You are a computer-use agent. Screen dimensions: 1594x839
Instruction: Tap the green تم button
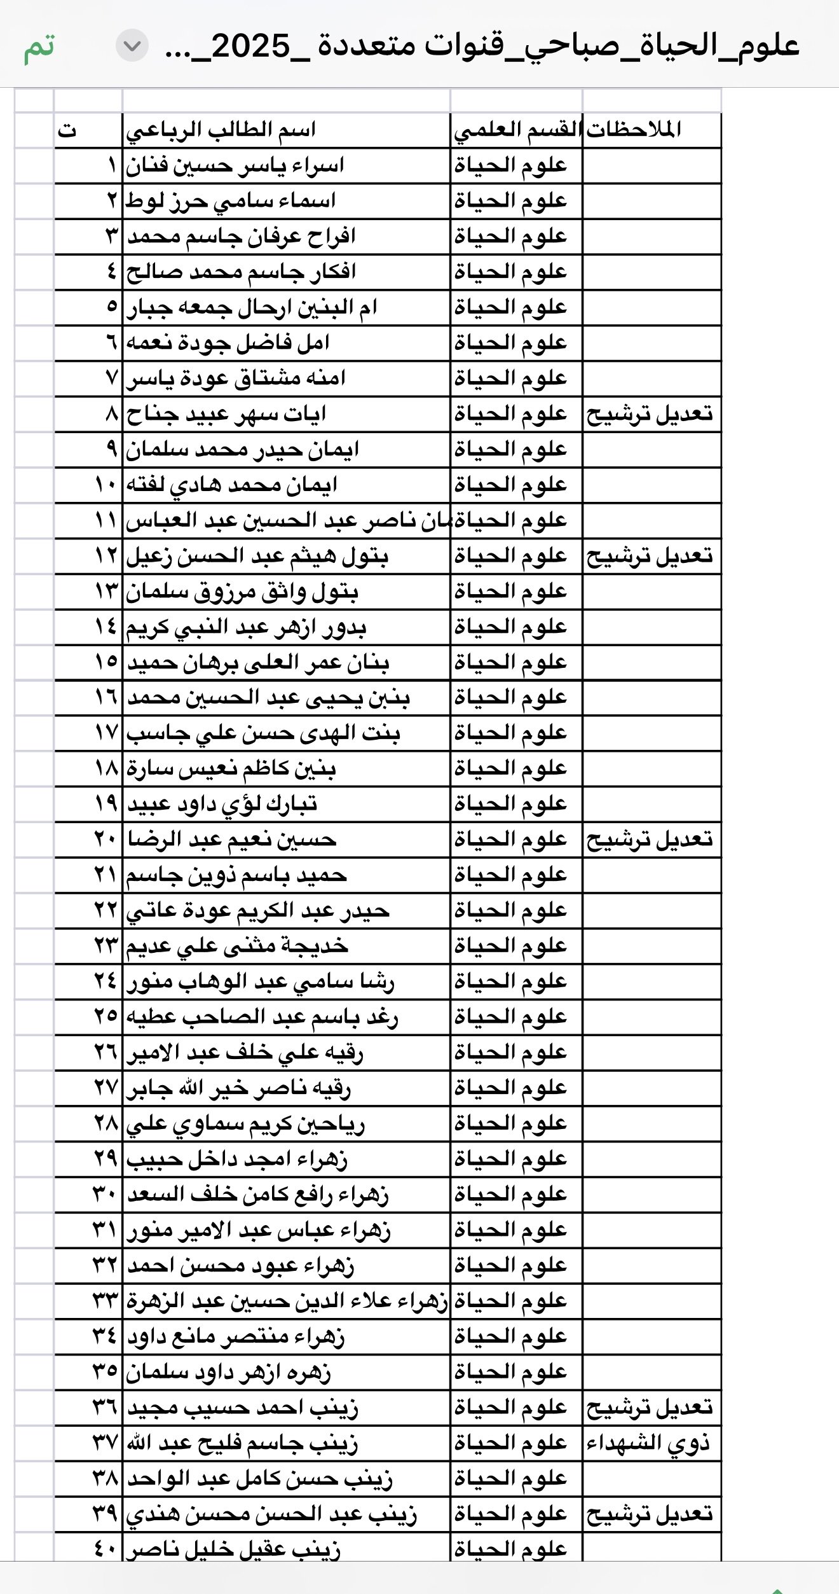39,47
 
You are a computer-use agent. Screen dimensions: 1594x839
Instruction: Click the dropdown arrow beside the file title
132,46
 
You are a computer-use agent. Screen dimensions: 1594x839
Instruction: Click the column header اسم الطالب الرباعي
221,130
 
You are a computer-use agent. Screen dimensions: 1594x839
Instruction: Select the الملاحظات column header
634,130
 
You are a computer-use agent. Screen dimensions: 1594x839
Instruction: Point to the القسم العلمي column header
517,130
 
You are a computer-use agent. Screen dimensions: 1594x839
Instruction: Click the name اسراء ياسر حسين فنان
235,166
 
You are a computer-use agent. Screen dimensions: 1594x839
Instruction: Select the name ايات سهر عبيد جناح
226,415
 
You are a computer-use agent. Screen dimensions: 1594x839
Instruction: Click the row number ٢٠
106,840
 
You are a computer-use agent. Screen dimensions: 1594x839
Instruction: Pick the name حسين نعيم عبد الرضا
232,840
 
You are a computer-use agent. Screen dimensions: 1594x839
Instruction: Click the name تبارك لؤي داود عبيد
222,805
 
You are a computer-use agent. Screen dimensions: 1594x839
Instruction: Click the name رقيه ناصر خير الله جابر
238,1089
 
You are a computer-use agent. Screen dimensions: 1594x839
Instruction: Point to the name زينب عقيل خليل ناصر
233,1550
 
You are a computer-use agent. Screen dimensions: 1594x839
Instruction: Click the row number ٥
112,308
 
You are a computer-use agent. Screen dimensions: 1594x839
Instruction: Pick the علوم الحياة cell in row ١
510,166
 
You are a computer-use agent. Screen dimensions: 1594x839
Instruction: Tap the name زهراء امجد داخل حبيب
237,1160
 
